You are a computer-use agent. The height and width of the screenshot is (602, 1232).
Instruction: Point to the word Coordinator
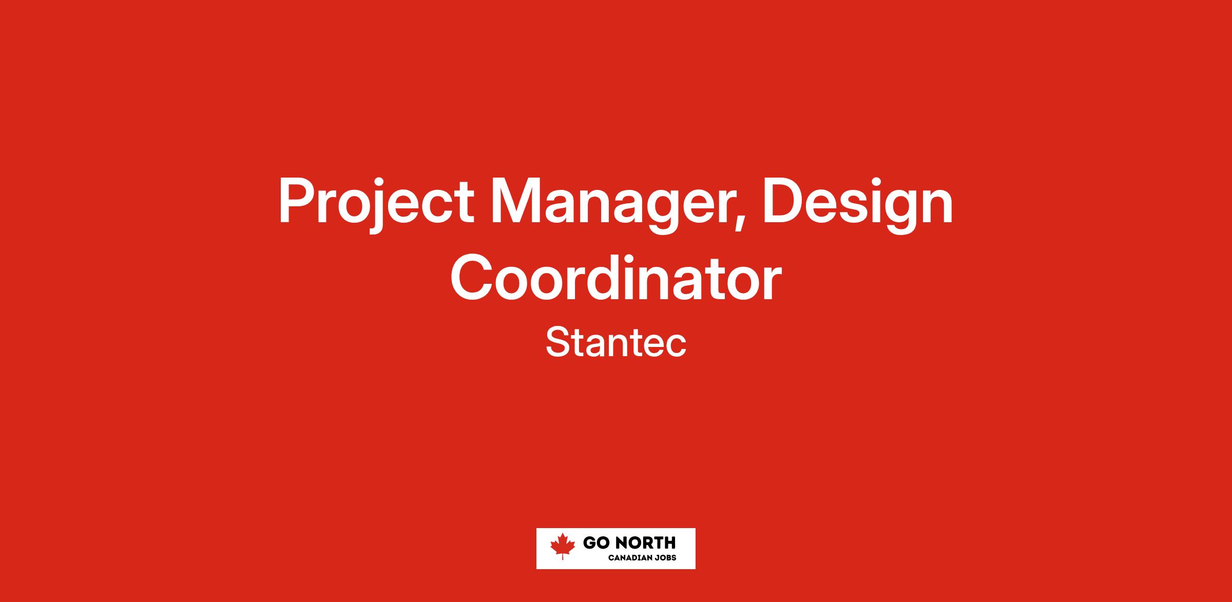coord(616,278)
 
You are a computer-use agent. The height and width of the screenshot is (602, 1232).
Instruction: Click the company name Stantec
coord(616,343)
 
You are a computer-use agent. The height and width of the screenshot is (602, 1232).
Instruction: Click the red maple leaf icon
coord(563,546)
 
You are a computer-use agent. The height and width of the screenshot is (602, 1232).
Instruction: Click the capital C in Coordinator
coord(472,278)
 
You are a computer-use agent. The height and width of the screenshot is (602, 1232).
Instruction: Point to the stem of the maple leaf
coord(563,556)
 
